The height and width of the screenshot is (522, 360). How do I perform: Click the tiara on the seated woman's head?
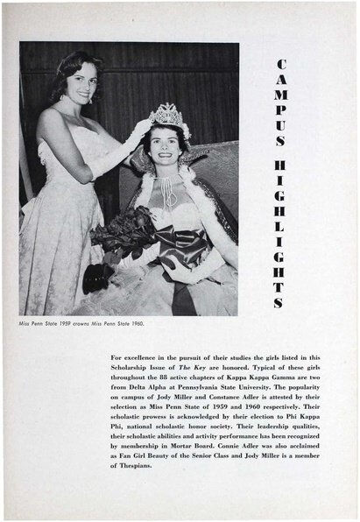[x=167, y=115]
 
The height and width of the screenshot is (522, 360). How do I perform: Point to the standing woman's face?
[x=79, y=82]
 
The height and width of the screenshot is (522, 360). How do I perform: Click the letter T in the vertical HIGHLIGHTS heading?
[x=279, y=286]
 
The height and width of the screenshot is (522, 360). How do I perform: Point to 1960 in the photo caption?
[x=135, y=323]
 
